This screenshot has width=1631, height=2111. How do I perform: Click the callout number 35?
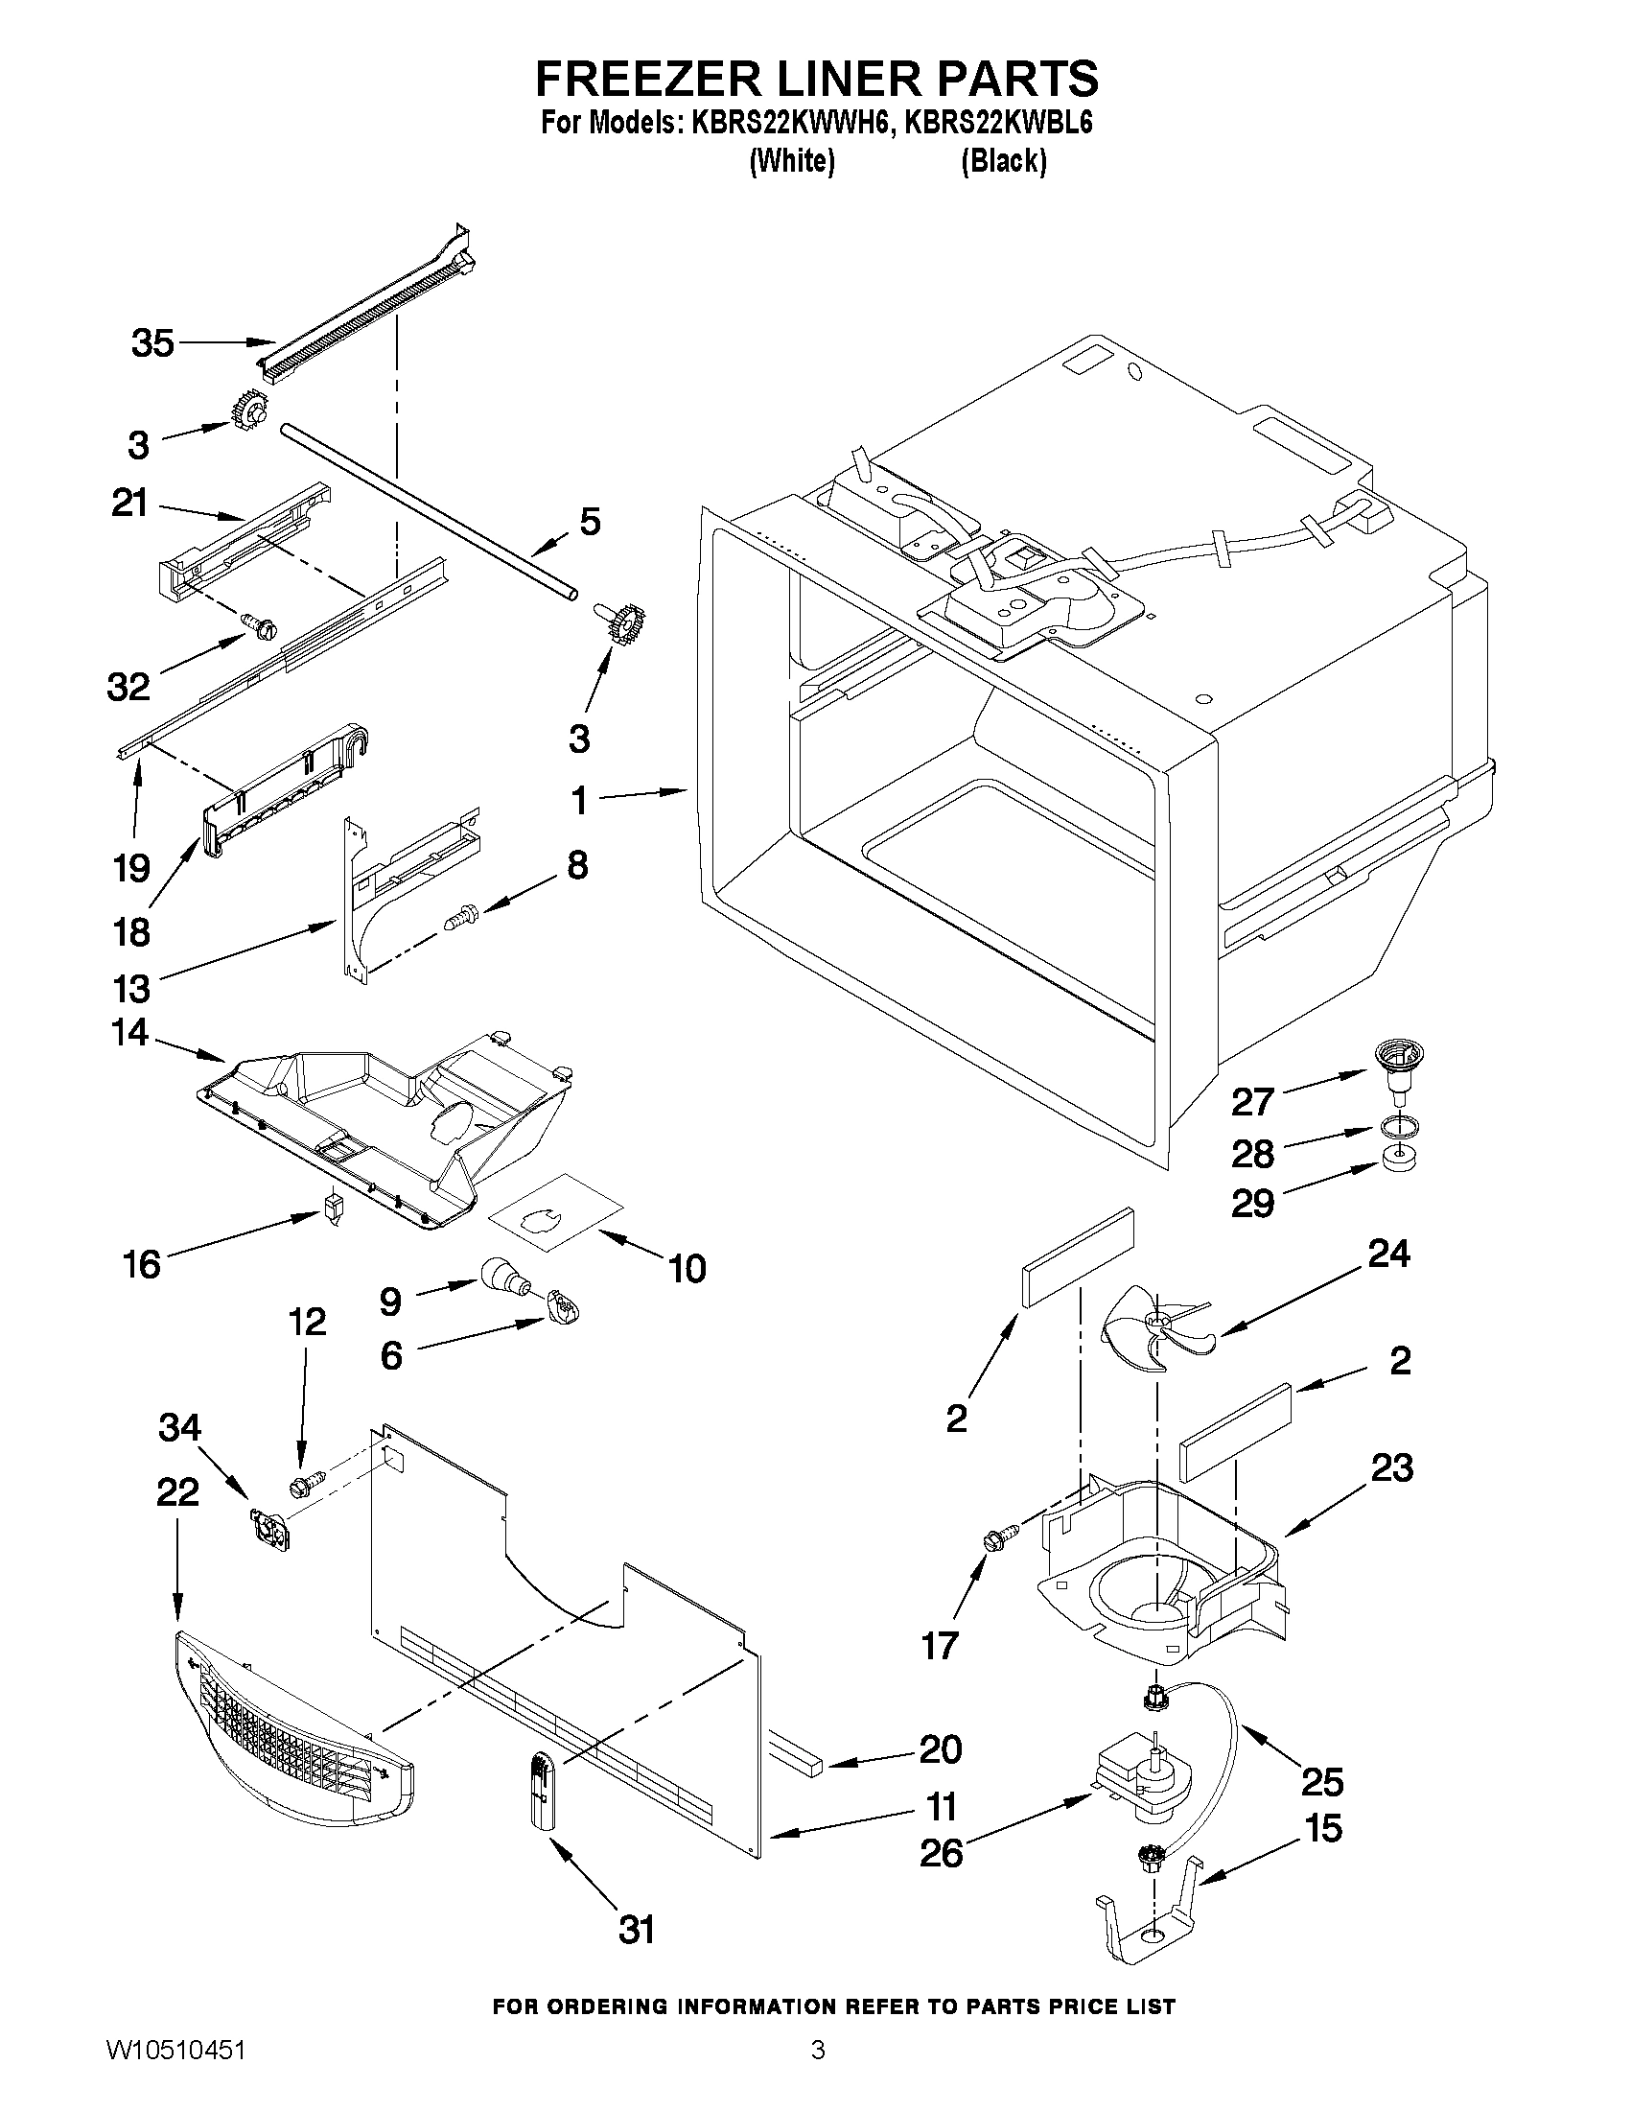[x=152, y=342]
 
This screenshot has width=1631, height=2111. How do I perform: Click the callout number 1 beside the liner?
[x=579, y=800]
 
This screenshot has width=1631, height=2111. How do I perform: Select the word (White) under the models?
[x=791, y=161]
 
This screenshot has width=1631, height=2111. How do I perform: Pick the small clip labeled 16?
[x=334, y=1208]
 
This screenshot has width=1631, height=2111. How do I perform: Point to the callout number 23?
[x=1391, y=1467]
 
